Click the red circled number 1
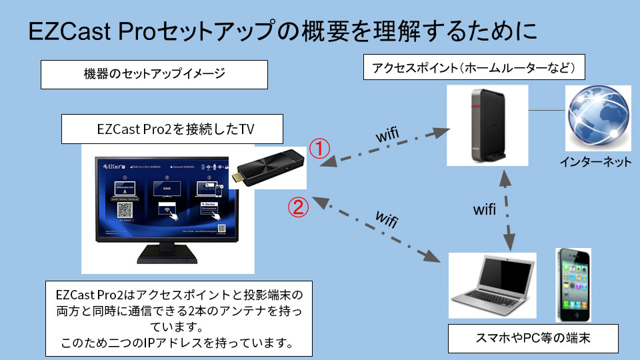point(320,148)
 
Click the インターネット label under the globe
point(595,162)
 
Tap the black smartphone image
point(573,285)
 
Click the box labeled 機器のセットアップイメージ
point(154,74)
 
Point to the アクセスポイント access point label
point(469,68)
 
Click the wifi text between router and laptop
point(485,209)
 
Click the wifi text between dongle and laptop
point(387,220)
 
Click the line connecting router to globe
point(547,110)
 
